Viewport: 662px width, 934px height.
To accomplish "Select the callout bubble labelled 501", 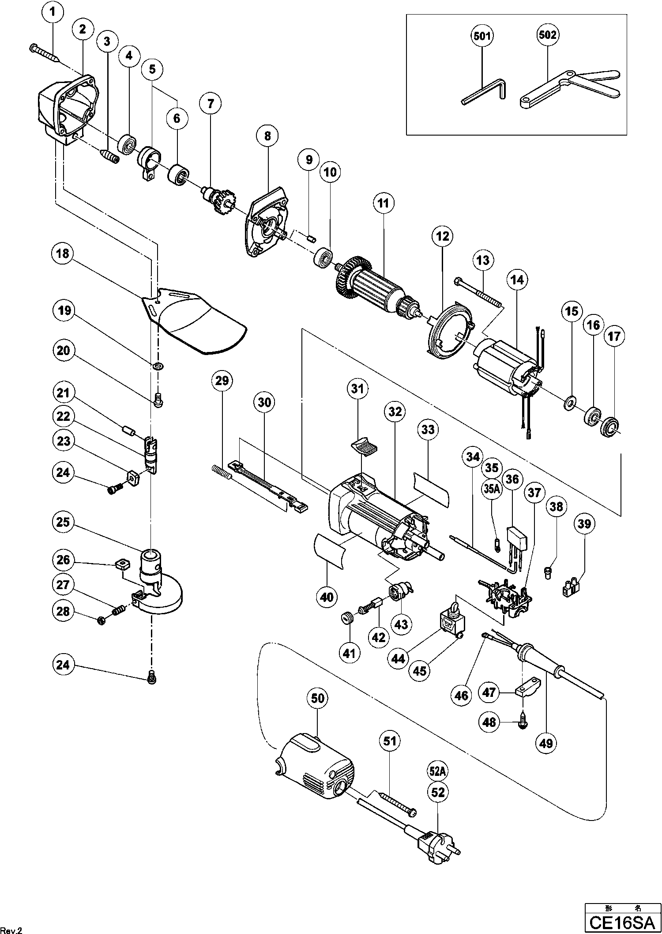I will click(x=481, y=36).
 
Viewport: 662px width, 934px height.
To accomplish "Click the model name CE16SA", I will click(x=622, y=923).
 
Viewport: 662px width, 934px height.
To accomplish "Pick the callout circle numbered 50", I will click(x=318, y=698).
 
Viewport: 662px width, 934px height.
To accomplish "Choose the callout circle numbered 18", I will click(x=63, y=253).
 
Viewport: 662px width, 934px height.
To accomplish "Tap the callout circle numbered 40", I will click(x=327, y=597).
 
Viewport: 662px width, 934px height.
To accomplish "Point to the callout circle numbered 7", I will click(x=210, y=104).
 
